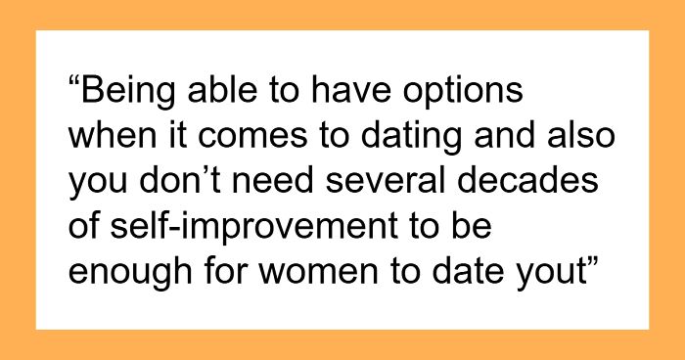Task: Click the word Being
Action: point(128,92)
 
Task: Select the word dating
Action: point(411,137)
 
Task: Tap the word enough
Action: point(130,273)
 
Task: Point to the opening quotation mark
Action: point(74,81)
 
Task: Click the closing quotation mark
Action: point(591,261)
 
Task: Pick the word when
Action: point(113,137)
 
